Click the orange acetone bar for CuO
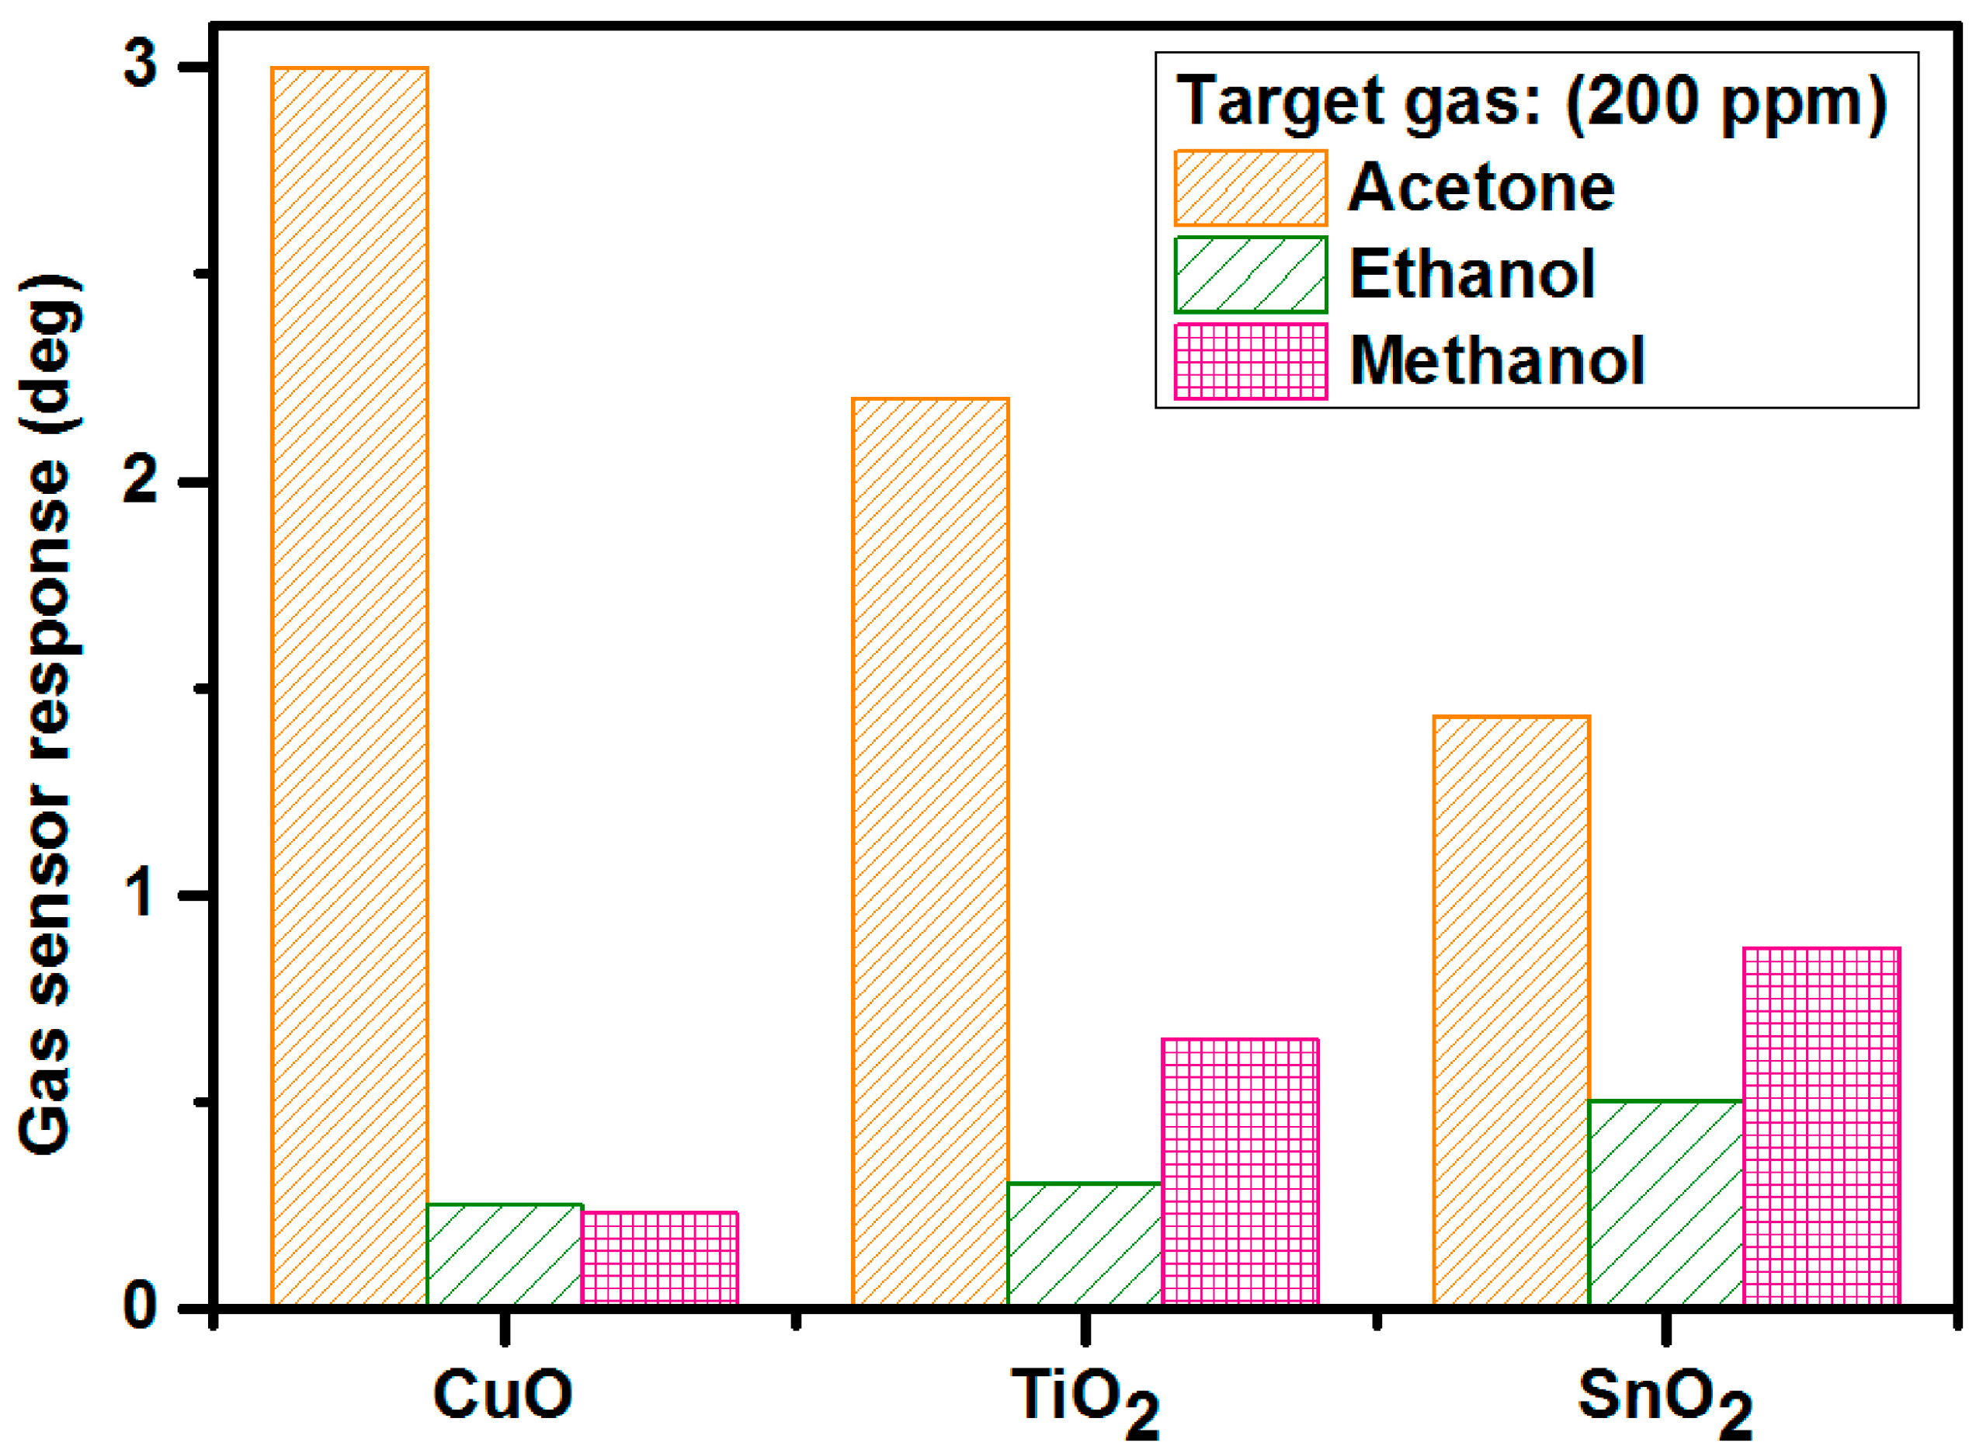[x=350, y=686]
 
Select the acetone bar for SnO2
[x=1512, y=1010]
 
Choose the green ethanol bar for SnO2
[x=1666, y=1202]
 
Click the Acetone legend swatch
[x=1251, y=188]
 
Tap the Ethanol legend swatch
[x=1251, y=274]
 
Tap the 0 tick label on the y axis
[x=141, y=1307]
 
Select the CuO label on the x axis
[x=503, y=1395]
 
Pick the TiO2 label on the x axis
[x=1084, y=1399]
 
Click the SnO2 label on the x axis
[x=1665, y=1399]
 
